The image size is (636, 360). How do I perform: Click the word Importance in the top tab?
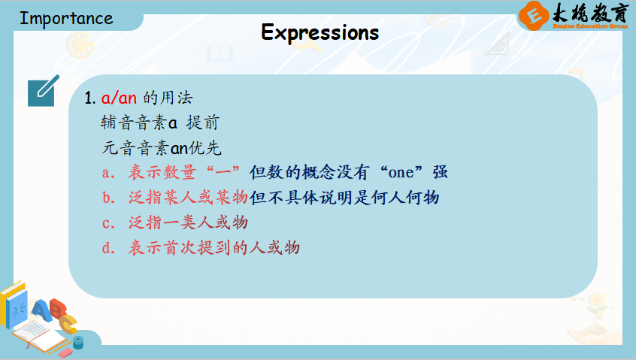(x=66, y=19)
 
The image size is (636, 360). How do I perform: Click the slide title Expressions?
(x=320, y=32)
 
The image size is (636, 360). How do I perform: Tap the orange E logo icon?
(x=533, y=16)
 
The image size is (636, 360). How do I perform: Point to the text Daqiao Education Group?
(x=590, y=26)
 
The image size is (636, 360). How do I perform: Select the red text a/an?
(x=119, y=98)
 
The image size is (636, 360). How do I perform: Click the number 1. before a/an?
(x=90, y=98)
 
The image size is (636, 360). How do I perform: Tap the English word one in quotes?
(x=401, y=173)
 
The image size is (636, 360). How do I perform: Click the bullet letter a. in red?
(x=108, y=173)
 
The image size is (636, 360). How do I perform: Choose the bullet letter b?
(x=108, y=198)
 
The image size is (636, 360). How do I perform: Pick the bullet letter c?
(x=108, y=223)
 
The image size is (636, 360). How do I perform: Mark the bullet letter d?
(x=108, y=248)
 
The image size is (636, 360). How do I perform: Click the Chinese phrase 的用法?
(x=168, y=98)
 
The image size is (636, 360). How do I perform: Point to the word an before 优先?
(x=179, y=149)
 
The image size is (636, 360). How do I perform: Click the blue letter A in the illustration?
(x=41, y=311)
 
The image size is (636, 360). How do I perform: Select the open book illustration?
(x=38, y=336)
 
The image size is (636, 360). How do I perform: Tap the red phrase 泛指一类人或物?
(x=188, y=223)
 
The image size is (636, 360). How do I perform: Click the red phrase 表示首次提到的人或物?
(x=214, y=248)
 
